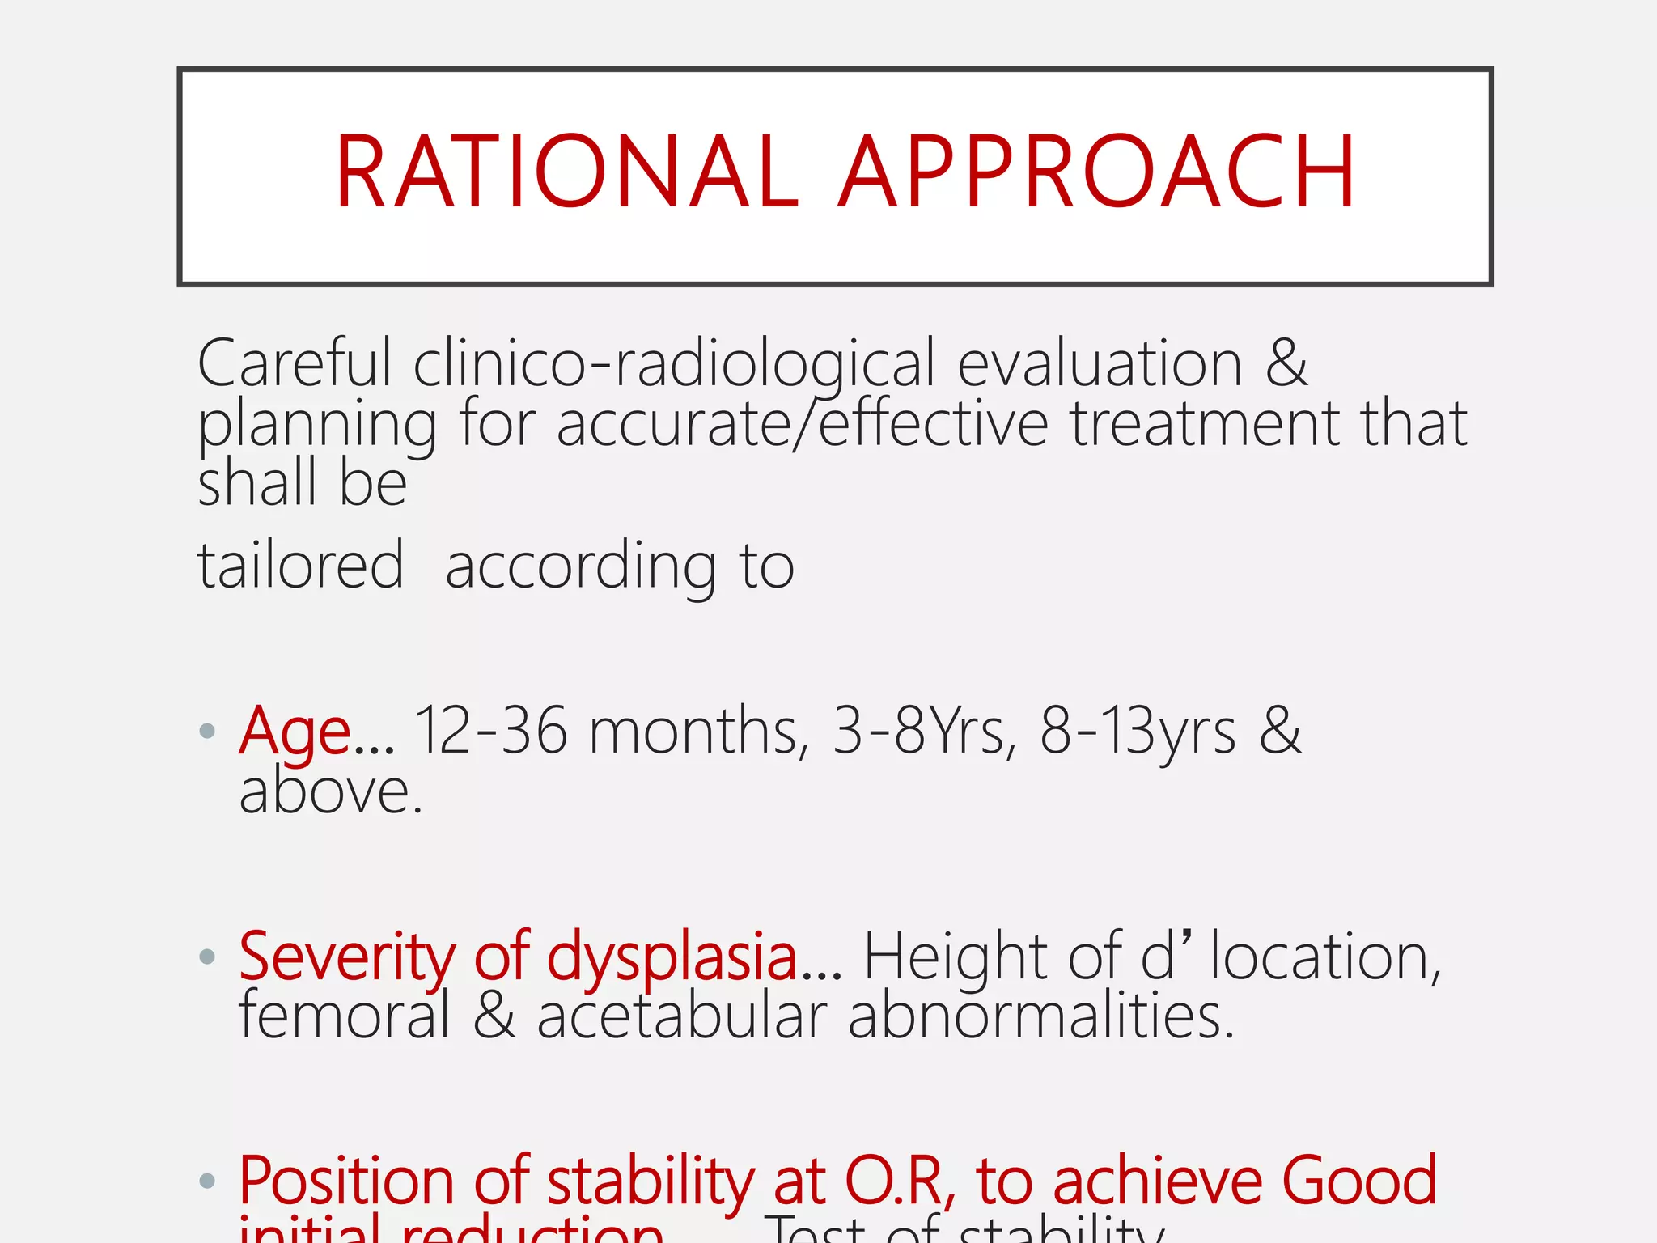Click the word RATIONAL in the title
pyautogui.click(x=566, y=172)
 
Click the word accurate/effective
pyautogui.click(x=802, y=424)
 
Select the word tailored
pyautogui.click(x=300, y=566)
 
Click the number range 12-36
pyautogui.click(x=491, y=731)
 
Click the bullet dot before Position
pyautogui.click(x=207, y=1181)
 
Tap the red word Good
pyautogui.click(x=1358, y=1181)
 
